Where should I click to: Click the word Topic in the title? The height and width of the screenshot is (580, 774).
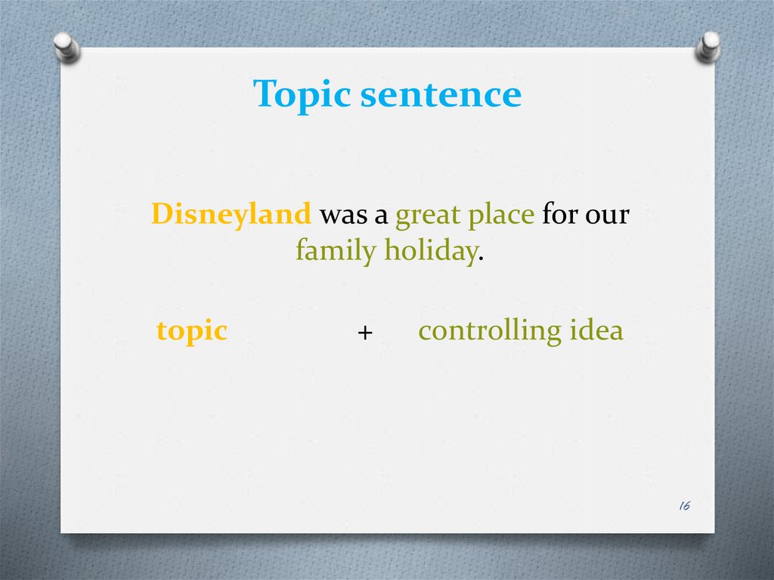[x=302, y=95]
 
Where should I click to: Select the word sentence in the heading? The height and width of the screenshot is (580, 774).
[x=441, y=95]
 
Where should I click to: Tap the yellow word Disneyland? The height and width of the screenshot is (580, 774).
[x=231, y=215]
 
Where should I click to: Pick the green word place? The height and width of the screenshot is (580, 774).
[x=501, y=216]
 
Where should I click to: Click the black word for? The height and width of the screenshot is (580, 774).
[x=560, y=213]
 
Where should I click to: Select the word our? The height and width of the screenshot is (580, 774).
[x=607, y=216]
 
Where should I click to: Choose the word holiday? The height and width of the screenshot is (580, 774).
[x=430, y=250]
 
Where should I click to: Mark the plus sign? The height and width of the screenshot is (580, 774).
[x=365, y=333]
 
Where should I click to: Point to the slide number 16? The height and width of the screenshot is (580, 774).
[x=685, y=505]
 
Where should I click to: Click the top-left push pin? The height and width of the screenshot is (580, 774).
[x=67, y=48]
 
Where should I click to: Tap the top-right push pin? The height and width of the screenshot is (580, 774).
[x=707, y=47]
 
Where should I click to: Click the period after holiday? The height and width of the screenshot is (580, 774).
[x=481, y=259]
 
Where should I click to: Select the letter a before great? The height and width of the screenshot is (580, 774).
[x=381, y=216]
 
